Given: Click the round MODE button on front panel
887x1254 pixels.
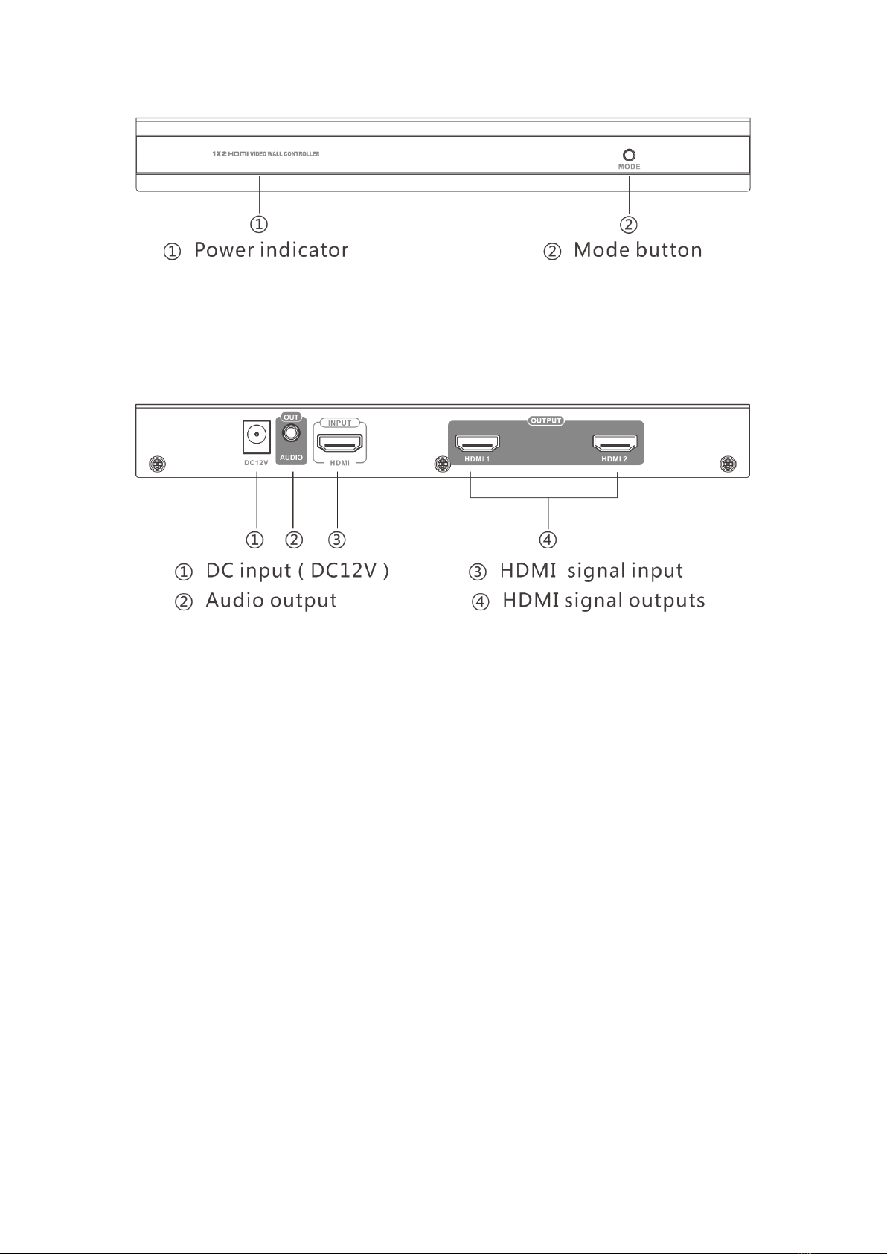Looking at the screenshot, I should (x=629, y=155).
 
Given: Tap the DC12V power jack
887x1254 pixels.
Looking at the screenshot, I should (x=256, y=435).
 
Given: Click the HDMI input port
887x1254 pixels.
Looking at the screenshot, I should (x=339, y=443).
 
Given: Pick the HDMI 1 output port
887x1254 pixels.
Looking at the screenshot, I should (x=477, y=444).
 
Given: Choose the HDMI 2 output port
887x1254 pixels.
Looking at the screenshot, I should (x=615, y=444).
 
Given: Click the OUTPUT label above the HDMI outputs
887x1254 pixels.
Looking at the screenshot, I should (x=545, y=421).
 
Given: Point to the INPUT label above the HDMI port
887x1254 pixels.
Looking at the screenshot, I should (x=340, y=423).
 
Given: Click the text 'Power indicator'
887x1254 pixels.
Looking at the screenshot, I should (x=271, y=250).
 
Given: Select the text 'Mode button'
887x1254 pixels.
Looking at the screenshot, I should (x=638, y=250).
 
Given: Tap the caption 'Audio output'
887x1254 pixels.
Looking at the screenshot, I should (x=271, y=601).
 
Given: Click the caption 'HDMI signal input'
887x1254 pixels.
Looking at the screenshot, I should (x=591, y=571).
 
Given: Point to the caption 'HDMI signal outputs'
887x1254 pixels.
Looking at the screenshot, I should (x=603, y=601).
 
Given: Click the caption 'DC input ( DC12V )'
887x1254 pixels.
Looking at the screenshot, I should (x=297, y=571).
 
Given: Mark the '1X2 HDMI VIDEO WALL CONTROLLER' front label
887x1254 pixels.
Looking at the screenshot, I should (x=266, y=154).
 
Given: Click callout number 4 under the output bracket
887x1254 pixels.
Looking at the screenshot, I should (x=548, y=539).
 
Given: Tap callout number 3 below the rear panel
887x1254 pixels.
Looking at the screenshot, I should (x=337, y=539).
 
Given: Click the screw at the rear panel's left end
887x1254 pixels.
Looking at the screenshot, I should (x=156, y=464).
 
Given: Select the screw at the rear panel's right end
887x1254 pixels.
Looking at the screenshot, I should (x=729, y=464).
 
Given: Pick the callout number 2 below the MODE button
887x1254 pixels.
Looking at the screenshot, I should (x=629, y=224).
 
